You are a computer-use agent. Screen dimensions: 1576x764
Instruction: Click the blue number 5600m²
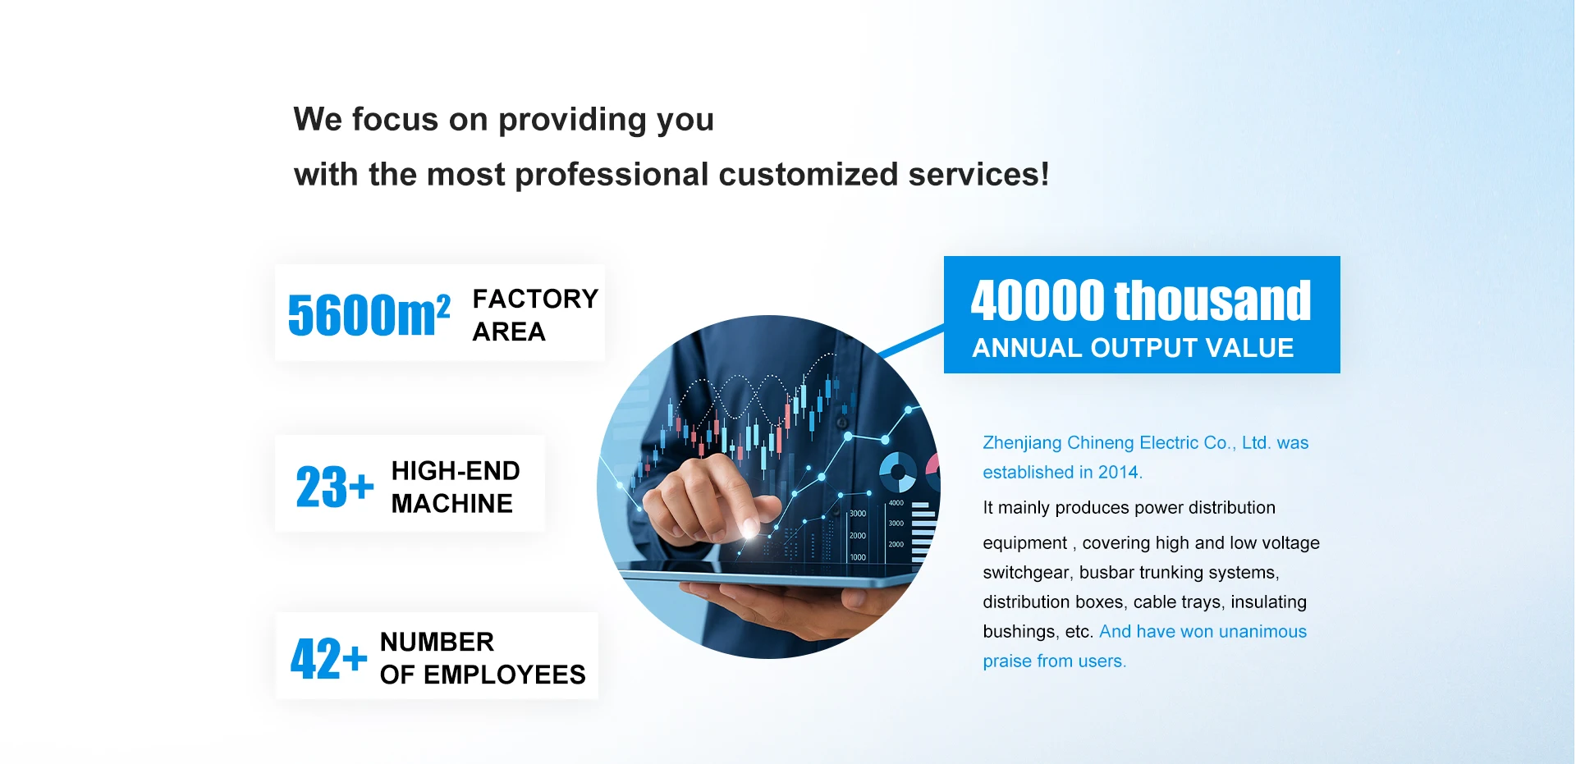[x=369, y=314]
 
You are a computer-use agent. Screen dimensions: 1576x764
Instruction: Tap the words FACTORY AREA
[x=535, y=315]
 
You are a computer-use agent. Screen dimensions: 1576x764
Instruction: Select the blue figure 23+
[x=335, y=487]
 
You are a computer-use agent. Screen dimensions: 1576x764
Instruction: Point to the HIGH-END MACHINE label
[x=456, y=487]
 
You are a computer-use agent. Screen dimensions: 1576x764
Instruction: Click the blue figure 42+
[x=328, y=658]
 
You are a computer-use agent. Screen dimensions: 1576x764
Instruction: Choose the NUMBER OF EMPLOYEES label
[x=483, y=658]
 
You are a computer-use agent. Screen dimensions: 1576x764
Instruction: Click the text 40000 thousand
[x=1141, y=300]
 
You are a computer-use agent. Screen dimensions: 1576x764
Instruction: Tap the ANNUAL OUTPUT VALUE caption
[x=1133, y=348]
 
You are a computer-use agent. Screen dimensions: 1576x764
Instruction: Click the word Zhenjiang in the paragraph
[x=1022, y=443]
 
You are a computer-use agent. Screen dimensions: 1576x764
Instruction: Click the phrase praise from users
[x=1054, y=661]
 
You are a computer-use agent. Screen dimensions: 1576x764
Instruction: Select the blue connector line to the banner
[x=911, y=341]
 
